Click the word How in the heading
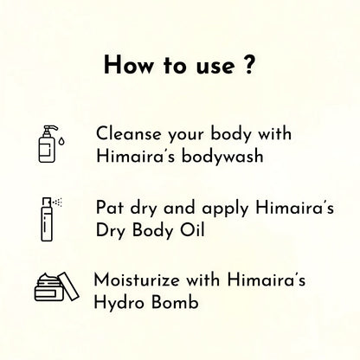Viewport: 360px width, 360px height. point(129,65)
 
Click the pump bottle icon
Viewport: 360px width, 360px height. point(48,144)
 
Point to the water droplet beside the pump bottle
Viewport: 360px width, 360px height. point(61,141)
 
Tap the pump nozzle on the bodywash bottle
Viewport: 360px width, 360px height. point(50,129)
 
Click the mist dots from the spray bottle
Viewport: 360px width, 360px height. point(58,202)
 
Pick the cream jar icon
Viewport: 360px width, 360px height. point(56,286)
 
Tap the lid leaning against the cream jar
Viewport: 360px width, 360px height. point(68,286)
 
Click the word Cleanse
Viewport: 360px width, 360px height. point(128,134)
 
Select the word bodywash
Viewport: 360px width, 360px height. point(222,157)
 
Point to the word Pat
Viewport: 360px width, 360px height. point(109,208)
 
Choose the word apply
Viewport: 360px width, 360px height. point(225,209)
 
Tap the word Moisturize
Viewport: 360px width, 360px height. point(137,280)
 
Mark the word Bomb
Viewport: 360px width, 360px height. point(175,302)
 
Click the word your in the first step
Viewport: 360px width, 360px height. point(186,136)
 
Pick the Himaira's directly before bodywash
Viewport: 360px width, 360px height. point(135,156)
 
